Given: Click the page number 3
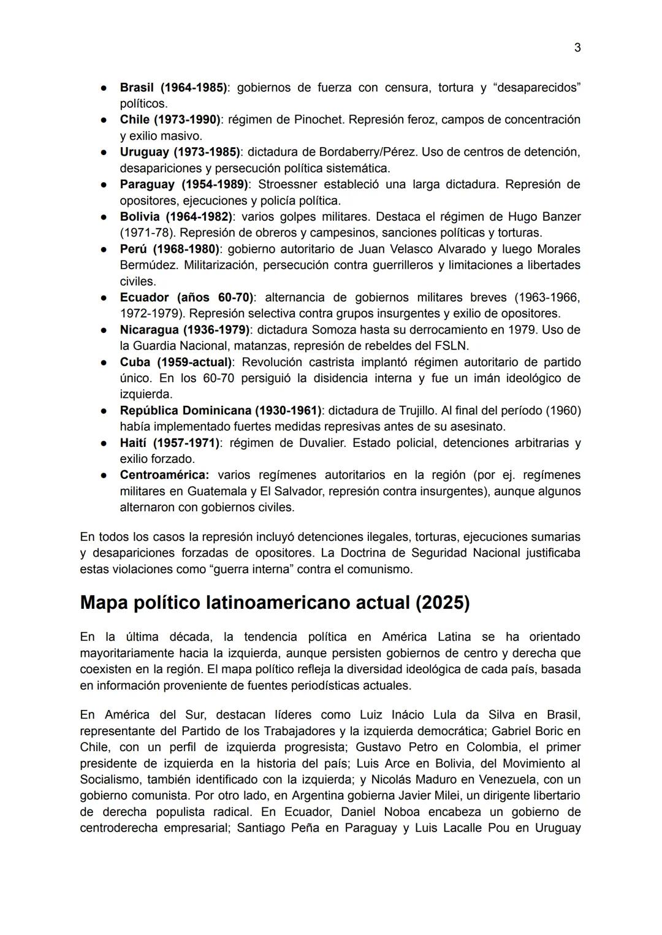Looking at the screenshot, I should tap(577, 48).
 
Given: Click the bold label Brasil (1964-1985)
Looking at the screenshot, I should tap(173, 88).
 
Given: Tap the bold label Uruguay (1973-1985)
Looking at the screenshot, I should tap(180, 152).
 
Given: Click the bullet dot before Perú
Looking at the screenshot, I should tap(105, 250).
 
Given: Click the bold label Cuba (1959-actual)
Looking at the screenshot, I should tap(176, 362).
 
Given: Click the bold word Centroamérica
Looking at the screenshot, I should tap(164, 475).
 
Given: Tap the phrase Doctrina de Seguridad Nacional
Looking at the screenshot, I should tap(428, 553).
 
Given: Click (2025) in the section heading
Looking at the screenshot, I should tap(442, 603).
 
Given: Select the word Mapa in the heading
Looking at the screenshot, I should tap(104, 603).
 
